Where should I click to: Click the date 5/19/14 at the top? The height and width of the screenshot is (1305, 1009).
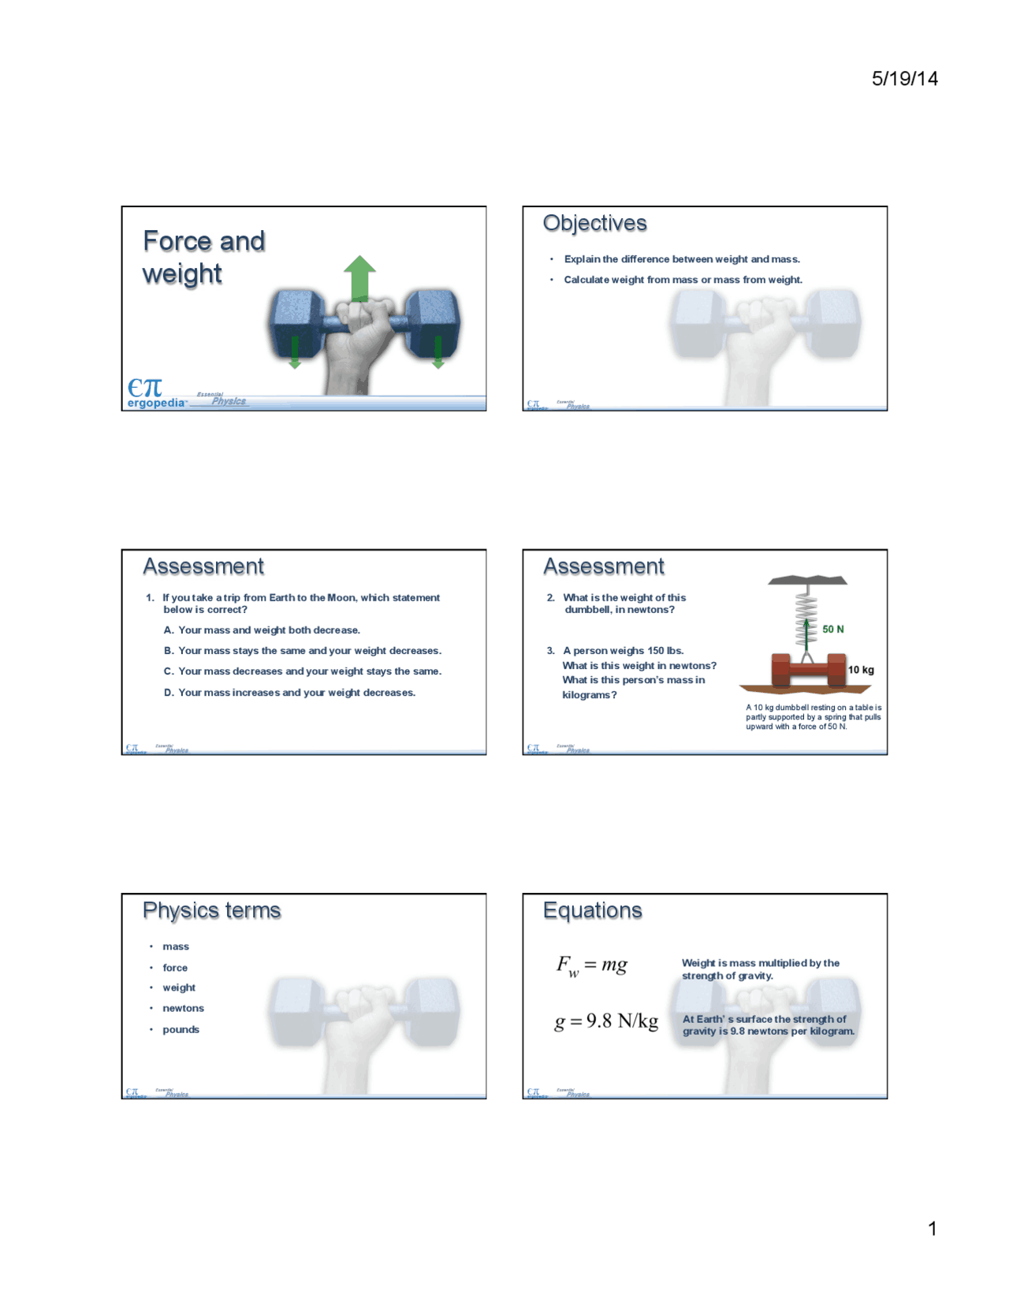(x=904, y=78)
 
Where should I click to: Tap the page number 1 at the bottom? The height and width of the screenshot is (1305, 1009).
(x=933, y=1228)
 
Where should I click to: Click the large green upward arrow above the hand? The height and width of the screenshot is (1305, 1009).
(x=359, y=277)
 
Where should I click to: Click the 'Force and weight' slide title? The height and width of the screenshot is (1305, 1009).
(x=203, y=257)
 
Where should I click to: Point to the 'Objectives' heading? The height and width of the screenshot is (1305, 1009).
(x=594, y=224)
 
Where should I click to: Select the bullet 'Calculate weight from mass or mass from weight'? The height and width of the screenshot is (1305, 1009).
(x=683, y=280)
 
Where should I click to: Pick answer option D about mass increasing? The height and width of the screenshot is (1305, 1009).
(x=296, y=693)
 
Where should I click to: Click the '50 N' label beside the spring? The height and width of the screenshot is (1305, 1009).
(x=832, y=629)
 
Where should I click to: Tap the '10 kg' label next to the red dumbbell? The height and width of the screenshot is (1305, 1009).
(x=861, y=670)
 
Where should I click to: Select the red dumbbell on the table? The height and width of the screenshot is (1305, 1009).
(x=808, y=671)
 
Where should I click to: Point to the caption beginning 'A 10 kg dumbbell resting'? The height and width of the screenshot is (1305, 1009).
(x=814, y=717)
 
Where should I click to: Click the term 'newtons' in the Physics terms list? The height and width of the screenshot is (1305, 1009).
(x=183, y=1008)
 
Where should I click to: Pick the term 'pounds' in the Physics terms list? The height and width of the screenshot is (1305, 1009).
(x=181, y=1029)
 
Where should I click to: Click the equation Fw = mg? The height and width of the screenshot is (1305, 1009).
(x=592, y=965)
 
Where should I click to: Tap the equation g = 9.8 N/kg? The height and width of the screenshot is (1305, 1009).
(x=606, y=1021)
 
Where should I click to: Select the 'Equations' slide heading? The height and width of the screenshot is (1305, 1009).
(x=592, y=911)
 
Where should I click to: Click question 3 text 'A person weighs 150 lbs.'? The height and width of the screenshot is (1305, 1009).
(x=623, y=651)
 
